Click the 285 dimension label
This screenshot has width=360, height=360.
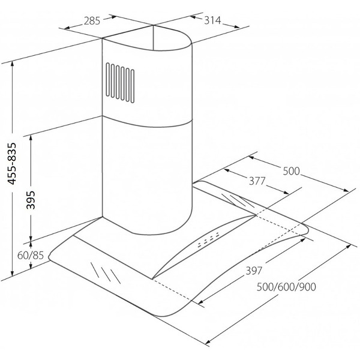pyautogui.click(x=92, y=21)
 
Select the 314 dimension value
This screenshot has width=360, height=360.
pyautogui.click(x=212, y=20)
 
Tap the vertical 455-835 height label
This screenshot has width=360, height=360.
pyautogui.click(x=12, y=164)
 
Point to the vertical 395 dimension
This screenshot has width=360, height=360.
pyautogui.click(x=31, y=200)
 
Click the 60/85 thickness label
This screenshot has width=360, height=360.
pyautogui.click(x=31, y=256)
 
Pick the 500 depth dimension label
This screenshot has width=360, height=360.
pyautogui.click(x=292, y=171)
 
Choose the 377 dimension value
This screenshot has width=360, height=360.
pyautogui.click(x=257, y=181)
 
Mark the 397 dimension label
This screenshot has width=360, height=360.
pyautogui.click(x=254, y=271)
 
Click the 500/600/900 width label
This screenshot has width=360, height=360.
pyautogui.click(x=286, y=287)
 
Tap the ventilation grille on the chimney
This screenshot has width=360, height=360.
pyautogui.click(x=120, y=83)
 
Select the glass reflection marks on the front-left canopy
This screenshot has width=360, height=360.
pyautogui.click(x=106, y=273)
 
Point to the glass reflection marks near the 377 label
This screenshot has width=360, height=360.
pyautogui.click(x=238, y=200)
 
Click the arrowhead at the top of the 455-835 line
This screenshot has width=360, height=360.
pyautogui.click(x=13, y=64)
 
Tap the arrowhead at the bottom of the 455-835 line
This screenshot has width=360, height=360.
pyautogui.click(x=13, y=273)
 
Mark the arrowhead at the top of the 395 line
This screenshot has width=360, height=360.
pyautogui.click(x=31, y=139)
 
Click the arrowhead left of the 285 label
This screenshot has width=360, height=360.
pyautogui.click(x=67, y=28)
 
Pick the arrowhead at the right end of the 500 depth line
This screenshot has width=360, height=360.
pyautogui.click(x=346, y=190)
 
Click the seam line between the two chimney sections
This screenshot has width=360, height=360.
pyautogui.click(x=147, y=122)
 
